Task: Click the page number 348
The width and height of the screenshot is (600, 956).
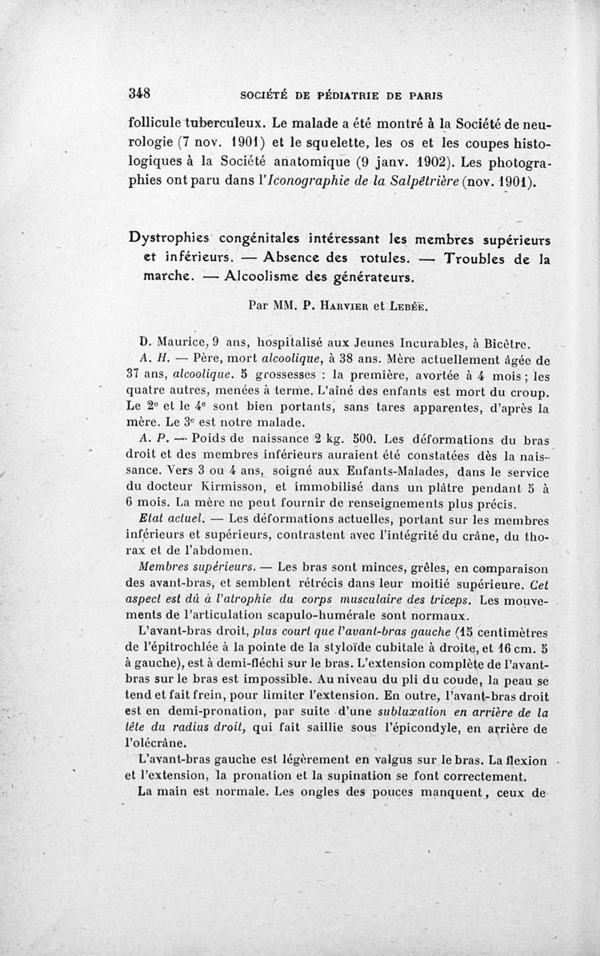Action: point(140,94)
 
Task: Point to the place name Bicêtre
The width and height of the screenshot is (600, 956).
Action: point(507,346)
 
